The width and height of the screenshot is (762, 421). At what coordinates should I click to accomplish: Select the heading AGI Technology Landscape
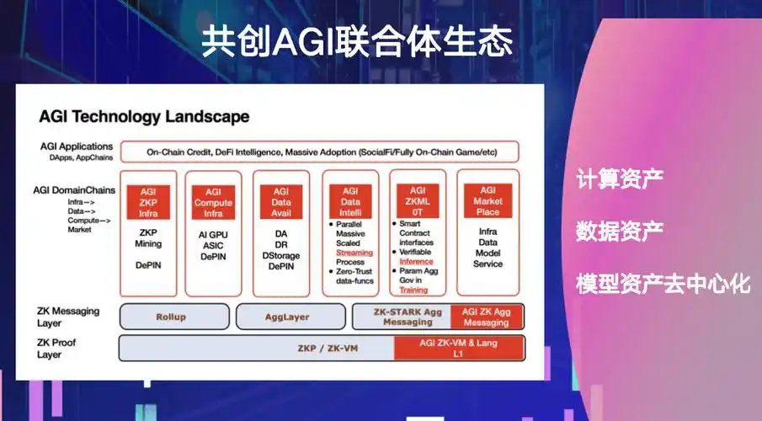[x=144, y=116]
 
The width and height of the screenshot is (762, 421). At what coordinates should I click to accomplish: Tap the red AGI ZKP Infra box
[x=148, y=202]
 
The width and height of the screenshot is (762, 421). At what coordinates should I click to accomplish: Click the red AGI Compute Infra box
[x=213, y=202]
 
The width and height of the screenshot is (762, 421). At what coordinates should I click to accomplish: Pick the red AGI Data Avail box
[x=281, y=202]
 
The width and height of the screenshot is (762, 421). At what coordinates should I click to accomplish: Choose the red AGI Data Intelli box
[x=350, y=202]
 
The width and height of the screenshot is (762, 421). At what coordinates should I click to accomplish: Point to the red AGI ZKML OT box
[x=417, y=202]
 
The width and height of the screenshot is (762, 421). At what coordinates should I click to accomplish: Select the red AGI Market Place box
[x=488, y=202]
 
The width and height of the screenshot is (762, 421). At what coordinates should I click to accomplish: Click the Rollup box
[x=171, y=317]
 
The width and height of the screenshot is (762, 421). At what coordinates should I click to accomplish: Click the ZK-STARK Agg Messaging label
[x=401, y=317]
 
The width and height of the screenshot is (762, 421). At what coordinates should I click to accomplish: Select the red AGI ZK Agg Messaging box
[x=486, y=317]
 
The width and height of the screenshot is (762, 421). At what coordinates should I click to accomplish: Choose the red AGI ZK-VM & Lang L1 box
[x=459, y=347]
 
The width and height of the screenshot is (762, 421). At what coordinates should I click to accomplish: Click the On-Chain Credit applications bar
[x=319, y=152]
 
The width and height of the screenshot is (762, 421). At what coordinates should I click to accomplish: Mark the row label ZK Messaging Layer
[x=67, y=317]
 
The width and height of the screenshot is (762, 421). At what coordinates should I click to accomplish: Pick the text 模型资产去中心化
[x=663, y=283]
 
